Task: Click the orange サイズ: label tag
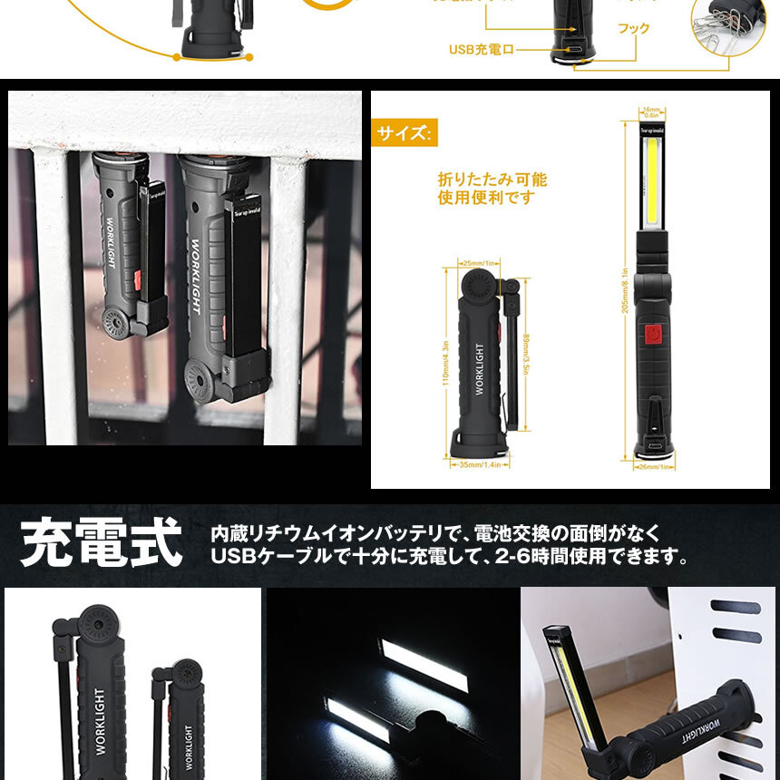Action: click(405, 133)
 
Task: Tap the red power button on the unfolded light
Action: click(651, 336)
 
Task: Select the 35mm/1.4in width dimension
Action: click(479, 463)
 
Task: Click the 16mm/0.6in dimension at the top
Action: click(650, 112)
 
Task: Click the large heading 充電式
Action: click(101, 542)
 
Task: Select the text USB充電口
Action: click(481, 49)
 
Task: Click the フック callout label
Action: click(633, 29)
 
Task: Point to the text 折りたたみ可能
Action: click(492, 180)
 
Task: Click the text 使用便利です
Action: click(486, 198)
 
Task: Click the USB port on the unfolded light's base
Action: click(651, 445)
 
